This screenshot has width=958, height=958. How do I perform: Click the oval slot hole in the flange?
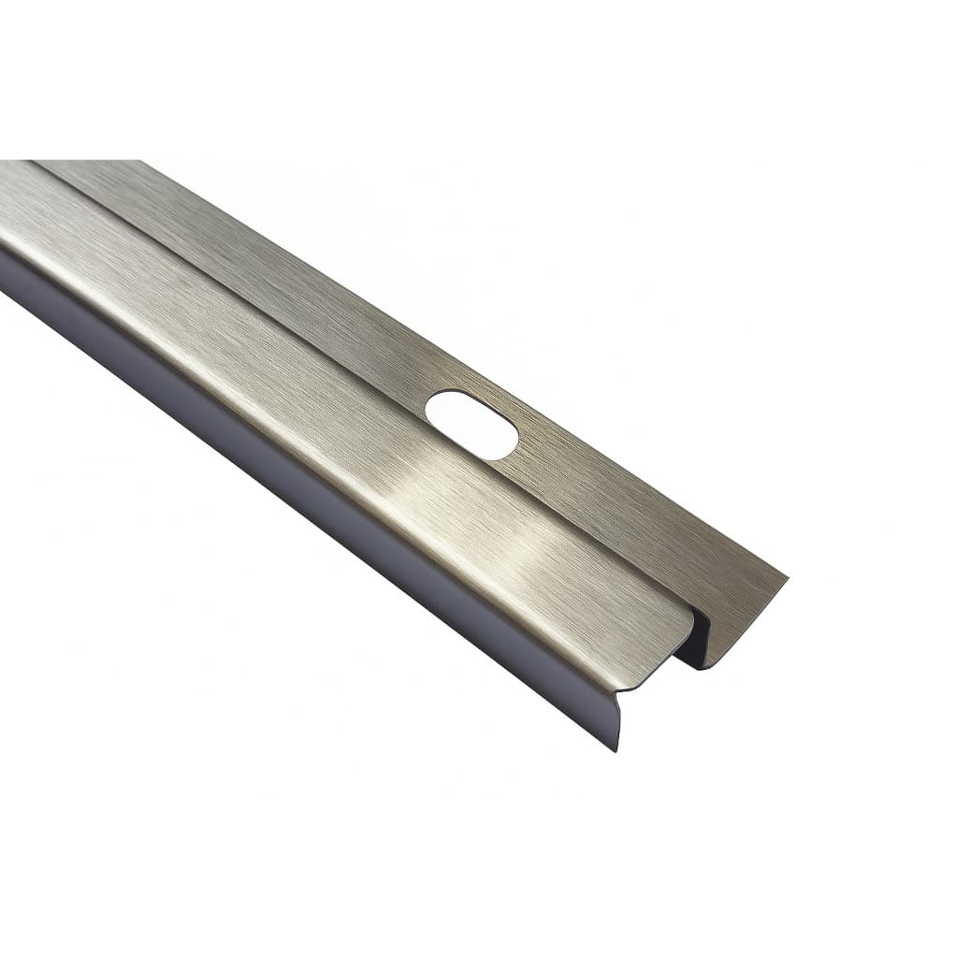tap(472, 425)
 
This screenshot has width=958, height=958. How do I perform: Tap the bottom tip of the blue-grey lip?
tap(617, 748)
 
